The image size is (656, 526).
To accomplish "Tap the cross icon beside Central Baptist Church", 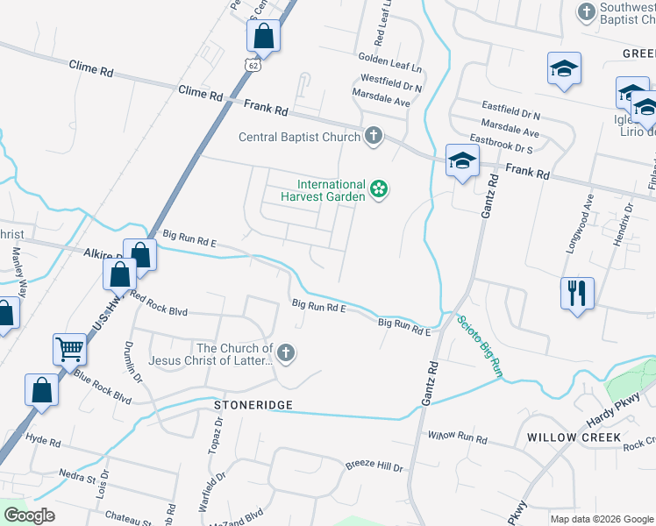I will (374, 135).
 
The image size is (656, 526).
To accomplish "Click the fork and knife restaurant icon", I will (577, 293).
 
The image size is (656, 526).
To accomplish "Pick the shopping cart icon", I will (69, 348).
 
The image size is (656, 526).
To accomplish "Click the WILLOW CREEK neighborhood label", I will (574, 437).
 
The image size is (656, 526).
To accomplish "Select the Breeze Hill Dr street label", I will (374, 467).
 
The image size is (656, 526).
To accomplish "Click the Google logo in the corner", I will (28, 515).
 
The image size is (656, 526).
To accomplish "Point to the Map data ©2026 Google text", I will (601, 518).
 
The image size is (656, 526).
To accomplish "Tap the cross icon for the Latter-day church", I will (284, 352).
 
